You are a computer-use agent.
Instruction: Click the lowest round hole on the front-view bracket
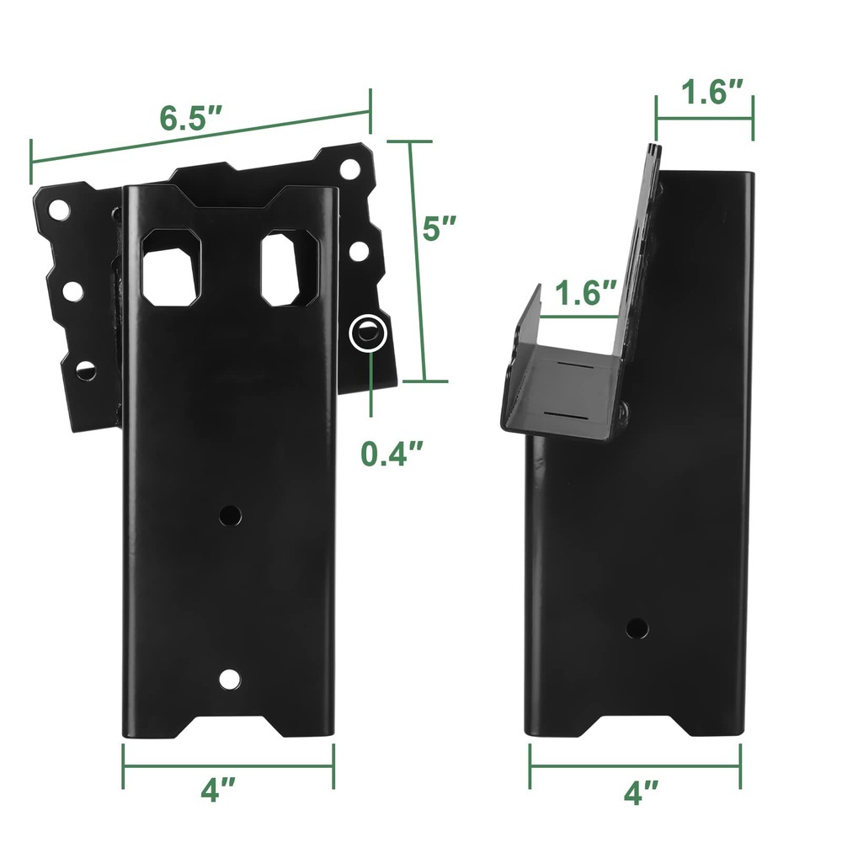pyautogui.click(x=229, y=678)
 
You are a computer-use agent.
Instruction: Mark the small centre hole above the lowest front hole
pyautogui.click(x=229, y=514)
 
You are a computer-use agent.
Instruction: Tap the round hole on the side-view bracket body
pyautogui.click(x=637, y=627)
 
